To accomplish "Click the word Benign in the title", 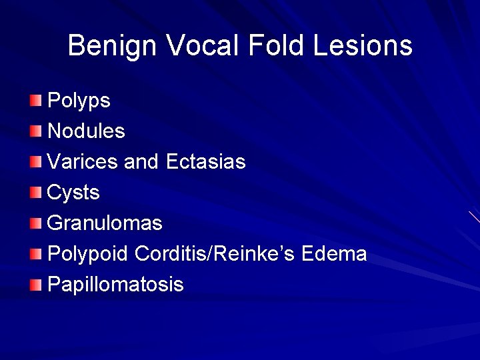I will pyautogui.click(x=111, y=46).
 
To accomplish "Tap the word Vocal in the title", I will pyautogui.click(x=203, y=46).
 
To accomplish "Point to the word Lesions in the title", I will pyautogui.click(x=363, y=46).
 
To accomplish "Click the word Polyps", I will pyautogui.click(x=79, y=101).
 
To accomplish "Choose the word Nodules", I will pyautogui.click(x=86, y=131).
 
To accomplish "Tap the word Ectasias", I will pyautogui.click(x=205, y=162).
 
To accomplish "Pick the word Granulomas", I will pyautogui.click(x=105, y=223).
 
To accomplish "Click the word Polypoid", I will pyautogui.click(x=88, y=254).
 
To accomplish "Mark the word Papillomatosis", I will pyautogui.click(x=115, y=285).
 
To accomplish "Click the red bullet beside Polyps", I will pyautogui.click(x=36, y=101).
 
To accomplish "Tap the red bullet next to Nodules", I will pyautogui.click(x=36, y=131).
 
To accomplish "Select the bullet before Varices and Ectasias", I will pyautogui.click(x=36, y=162).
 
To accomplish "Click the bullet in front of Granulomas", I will pyautogui.click(x=36, y=223).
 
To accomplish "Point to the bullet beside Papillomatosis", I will pyautogui.click(x=36, y=285).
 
